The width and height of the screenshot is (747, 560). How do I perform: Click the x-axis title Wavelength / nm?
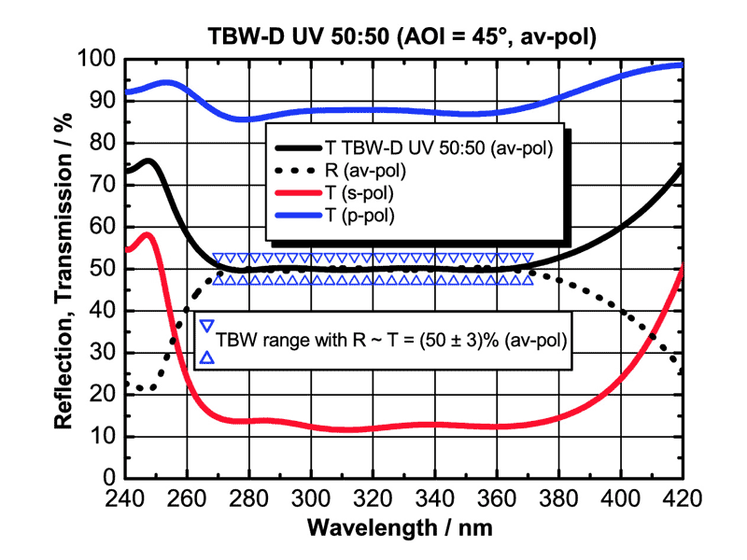(x=403, y=526)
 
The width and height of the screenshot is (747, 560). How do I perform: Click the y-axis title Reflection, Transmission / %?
(x=63, y=269)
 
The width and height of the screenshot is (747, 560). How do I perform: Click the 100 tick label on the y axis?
(x=97, y=61)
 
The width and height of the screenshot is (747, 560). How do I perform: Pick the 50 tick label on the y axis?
(x=104, y=269)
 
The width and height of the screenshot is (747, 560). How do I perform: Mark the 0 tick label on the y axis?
(x=109, y=478)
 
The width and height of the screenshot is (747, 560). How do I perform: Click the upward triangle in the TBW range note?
(x=207, y=357)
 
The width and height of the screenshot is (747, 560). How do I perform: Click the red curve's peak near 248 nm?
(x=148, y=234)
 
